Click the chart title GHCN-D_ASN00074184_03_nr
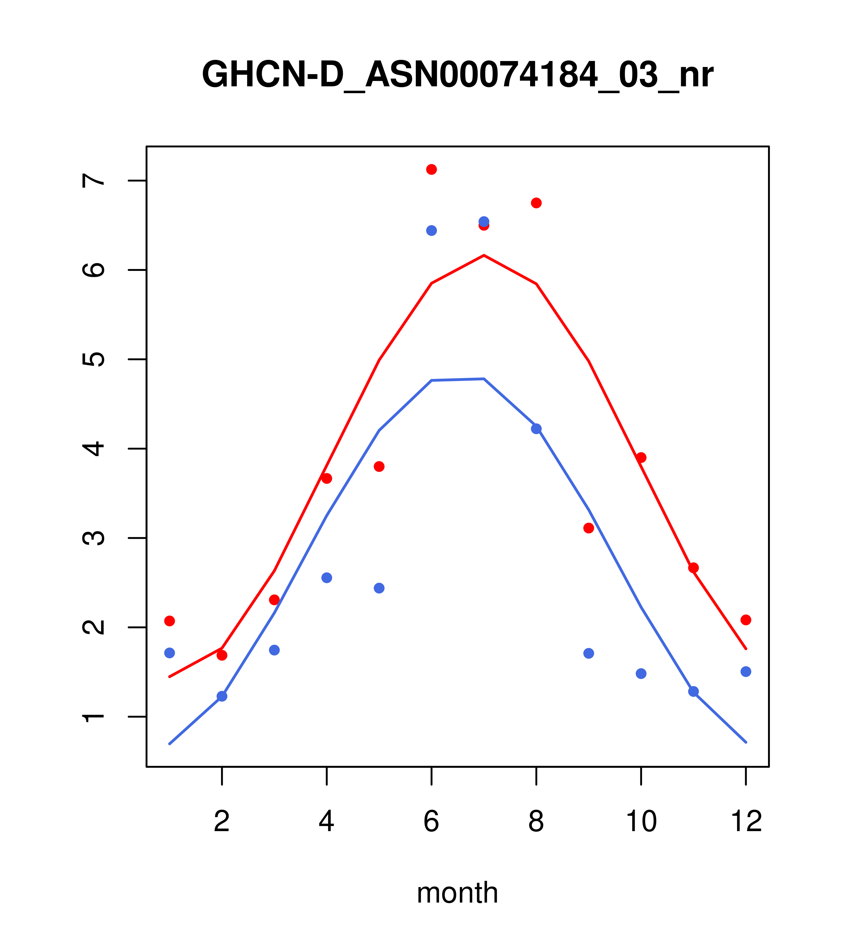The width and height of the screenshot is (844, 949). coord(457,75)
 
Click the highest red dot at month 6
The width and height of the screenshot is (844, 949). coord(432,169)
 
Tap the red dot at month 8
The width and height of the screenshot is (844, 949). coord(536,203)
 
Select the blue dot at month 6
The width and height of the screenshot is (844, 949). coord(432,230)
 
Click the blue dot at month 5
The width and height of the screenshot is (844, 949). coord(379,588)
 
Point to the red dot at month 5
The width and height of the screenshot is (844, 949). coord(379,466)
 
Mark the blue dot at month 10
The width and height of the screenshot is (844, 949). coord(641,674)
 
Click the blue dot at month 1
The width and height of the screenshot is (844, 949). coord(169,653)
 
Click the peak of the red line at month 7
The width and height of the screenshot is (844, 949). coord(484,255)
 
